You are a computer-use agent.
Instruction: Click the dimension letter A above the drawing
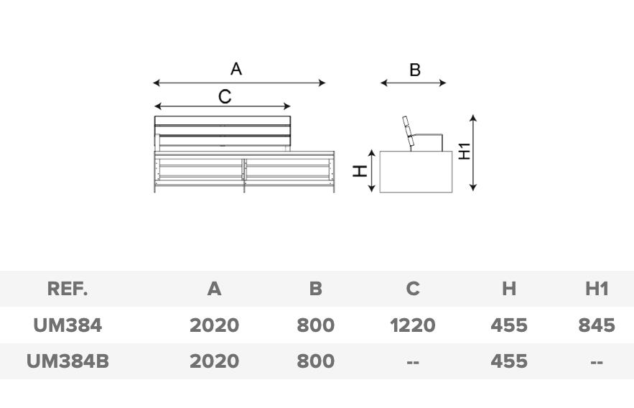[x=236, y=69]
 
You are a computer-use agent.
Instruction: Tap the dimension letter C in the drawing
[x=225, y=96]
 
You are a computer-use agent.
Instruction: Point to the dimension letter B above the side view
[x=414, y=70]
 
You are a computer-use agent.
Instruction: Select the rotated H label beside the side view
[x=360, y=171]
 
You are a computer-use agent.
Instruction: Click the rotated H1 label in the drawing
[x=465, y=151]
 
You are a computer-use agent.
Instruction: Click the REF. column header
[x=67, y=289]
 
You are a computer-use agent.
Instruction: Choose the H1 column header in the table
[x=596, y=289]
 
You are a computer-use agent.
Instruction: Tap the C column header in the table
[x=412, y=289]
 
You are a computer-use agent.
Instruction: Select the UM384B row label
[x=67, y=361]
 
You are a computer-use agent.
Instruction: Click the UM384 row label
[x=67, y=325]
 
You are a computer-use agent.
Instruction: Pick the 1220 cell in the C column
[x=412, y=325]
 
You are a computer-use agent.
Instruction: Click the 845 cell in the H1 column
[x=596, y=325]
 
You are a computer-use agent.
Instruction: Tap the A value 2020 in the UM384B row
[x=214, y=361]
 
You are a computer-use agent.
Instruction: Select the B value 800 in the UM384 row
[x=315, y=325]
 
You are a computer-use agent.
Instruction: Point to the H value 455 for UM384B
[x=508, y=361]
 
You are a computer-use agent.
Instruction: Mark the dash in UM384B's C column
[x=412, y=362]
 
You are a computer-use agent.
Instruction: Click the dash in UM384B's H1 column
[x=596, y=362]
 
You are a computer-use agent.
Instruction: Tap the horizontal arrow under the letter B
[x=414, y=83]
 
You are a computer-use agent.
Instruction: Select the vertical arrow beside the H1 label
[x=473, y=152]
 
